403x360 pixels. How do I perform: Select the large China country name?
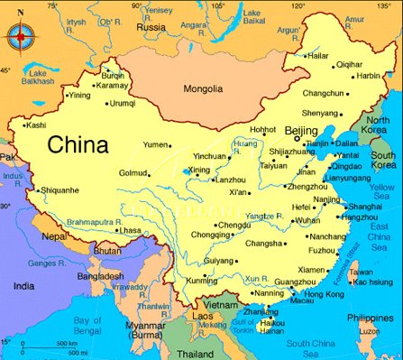[x=78, y=144]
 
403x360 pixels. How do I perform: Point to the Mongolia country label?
[x=203, y=89]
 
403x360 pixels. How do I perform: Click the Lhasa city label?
[x=131, y=230]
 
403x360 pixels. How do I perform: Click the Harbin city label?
[x=368, y=76]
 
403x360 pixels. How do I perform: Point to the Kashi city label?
[x=35, y=125]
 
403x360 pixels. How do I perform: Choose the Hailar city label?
[x=319, y=55]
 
